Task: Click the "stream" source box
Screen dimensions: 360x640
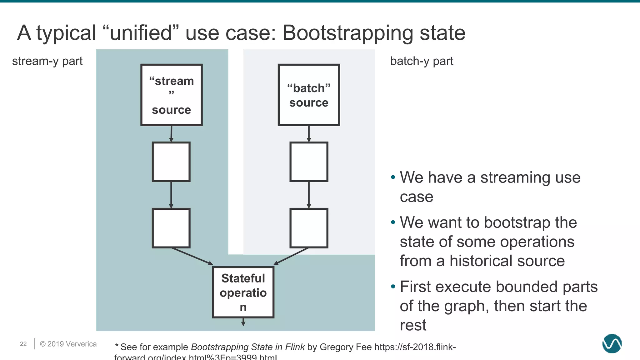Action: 171,95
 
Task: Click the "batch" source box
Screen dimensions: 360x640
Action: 309,95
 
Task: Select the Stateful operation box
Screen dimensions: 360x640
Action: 243,292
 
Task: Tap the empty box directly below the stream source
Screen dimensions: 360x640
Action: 171,162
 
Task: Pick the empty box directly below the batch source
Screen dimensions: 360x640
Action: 309,162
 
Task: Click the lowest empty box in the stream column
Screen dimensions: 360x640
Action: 171,228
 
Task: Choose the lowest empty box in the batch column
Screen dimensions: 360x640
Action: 309,228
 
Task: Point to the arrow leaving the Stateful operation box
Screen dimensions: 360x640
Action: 243,322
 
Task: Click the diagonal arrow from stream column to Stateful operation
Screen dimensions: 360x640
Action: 192,256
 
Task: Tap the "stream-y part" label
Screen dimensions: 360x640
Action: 47,61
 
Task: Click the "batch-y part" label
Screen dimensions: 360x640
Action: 422,61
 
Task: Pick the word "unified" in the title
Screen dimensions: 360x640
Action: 141,33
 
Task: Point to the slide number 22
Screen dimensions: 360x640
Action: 23,344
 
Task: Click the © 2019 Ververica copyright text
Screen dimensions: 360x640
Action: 68,344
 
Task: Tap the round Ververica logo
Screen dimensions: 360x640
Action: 612,343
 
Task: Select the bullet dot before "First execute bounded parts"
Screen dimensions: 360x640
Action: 393,287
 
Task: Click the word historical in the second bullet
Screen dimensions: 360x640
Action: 482,261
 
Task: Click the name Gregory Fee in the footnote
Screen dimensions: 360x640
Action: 346,347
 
